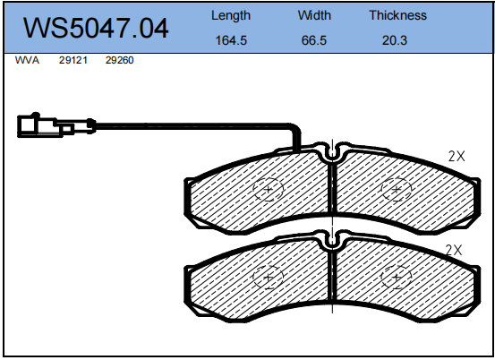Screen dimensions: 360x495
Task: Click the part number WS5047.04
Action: (95, 28)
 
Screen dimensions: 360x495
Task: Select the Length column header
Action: (231, 15)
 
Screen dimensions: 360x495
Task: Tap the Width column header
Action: (314, 15)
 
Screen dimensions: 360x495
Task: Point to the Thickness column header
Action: (397, 15)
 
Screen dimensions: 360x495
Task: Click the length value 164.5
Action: (231, 41)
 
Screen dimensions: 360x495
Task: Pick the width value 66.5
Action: (314, 41)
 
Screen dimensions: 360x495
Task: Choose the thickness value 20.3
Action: (397, 41)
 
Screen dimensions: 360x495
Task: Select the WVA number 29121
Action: (73, 62)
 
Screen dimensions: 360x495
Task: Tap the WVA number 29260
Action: (119, 62)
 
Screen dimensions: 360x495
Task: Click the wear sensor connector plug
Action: (41, 126)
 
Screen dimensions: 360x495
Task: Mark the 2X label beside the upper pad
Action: (457, 155)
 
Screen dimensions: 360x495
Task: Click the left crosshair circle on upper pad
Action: (268, 189)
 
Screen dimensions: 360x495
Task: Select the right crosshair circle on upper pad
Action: (395, 189)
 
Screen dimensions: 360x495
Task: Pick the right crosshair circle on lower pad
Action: (395, 278)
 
